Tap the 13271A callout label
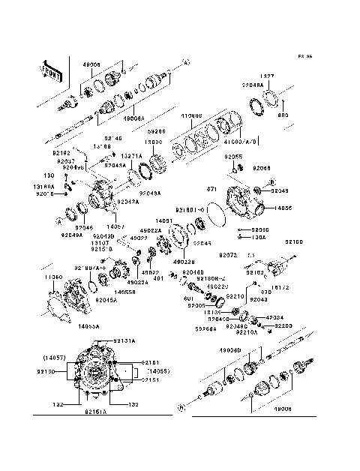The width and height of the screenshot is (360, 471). (x=132, y=156)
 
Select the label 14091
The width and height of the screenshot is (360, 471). (x=165, y=221)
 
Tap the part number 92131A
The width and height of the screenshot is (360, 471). (x=124, y=340)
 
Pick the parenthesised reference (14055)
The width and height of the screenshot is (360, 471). (x=160, y=371)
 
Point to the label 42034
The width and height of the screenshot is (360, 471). (x=274, y=317)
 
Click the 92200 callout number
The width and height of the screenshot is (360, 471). (x=283, y=326)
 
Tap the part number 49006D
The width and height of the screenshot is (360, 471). (x=230, y=350)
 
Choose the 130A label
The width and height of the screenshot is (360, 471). (x=259, y=238)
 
